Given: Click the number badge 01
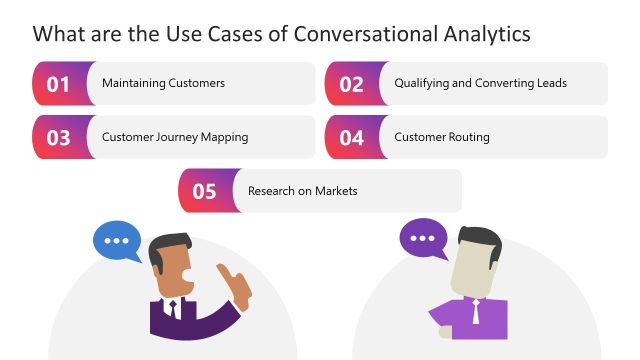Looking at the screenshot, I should tap(59, 84).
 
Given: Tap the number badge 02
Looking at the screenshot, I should tap(351, 84).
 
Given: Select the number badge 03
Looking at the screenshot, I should tap(59, 138).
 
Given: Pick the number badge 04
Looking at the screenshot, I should tap(351, 138).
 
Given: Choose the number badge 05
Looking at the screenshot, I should tap(205, 191).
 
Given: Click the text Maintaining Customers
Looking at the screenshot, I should tap(163, 83).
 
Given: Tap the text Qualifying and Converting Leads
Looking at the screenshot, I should tap(480, 83).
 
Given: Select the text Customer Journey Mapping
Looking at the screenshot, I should tap(175, 137).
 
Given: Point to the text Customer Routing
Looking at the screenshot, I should tap(442, 137).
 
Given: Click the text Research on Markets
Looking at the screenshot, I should tap(302, 191).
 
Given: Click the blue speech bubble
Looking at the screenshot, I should tap(118, 241).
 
